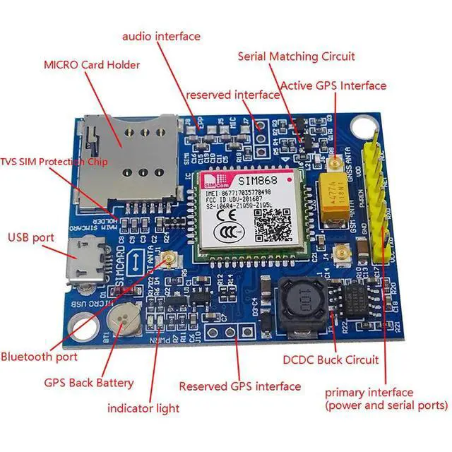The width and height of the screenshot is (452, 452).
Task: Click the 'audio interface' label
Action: [161, 36]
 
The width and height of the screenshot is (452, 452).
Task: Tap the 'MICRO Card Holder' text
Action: [92, 65]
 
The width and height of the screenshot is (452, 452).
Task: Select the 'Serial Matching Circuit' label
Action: [297, 56]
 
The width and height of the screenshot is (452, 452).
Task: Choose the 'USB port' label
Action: [30, 237]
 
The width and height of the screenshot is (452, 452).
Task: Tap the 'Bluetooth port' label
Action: [39, 357]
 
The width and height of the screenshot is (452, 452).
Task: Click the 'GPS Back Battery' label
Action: [89, 383]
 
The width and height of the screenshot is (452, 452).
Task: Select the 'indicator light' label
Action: [143, 408]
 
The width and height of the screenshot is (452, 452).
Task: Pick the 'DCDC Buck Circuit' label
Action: [331, 360]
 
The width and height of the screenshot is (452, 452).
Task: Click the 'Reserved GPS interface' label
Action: [240, 386]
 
